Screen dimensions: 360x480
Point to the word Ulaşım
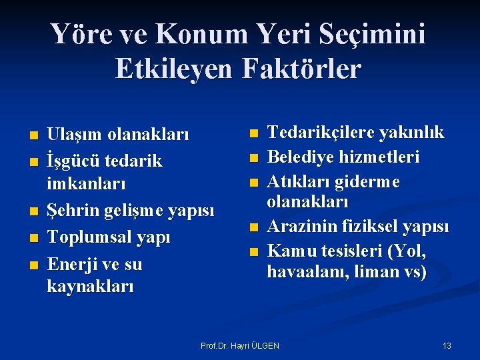click(73, 135)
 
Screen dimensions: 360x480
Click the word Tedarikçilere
click(320, 133)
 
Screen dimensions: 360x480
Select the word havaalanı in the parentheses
click(301, 272)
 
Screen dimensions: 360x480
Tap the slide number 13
click(447, 345)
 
